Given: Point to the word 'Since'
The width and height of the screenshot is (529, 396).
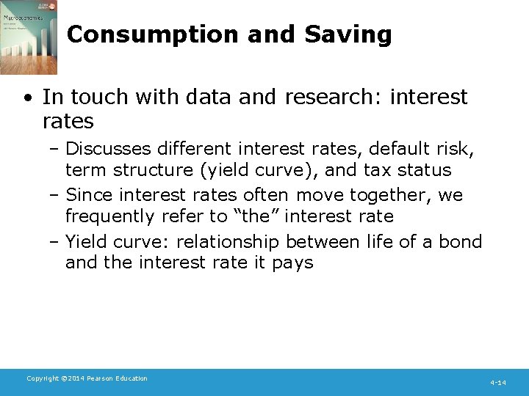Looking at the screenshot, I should click(90, 195).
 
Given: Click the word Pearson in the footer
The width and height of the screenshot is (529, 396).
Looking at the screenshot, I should click(104, 378).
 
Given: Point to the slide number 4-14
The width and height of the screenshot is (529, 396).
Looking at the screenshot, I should click(498, 383).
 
